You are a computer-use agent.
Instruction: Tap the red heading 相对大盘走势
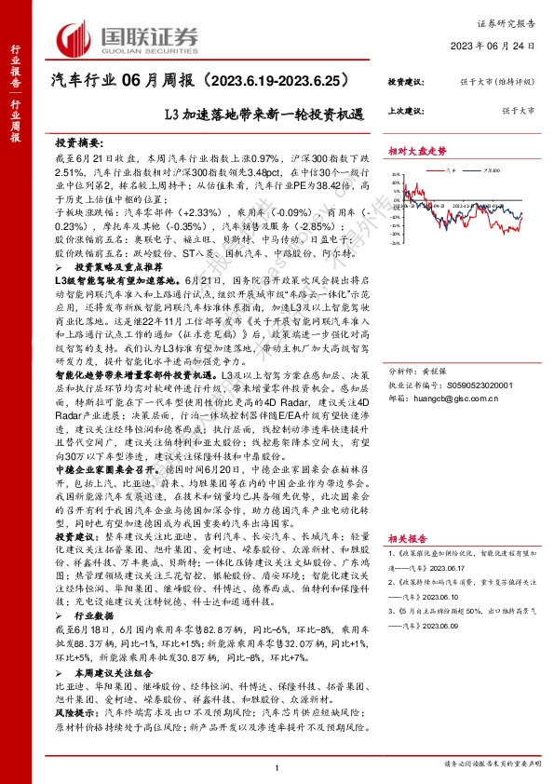(417, 149)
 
